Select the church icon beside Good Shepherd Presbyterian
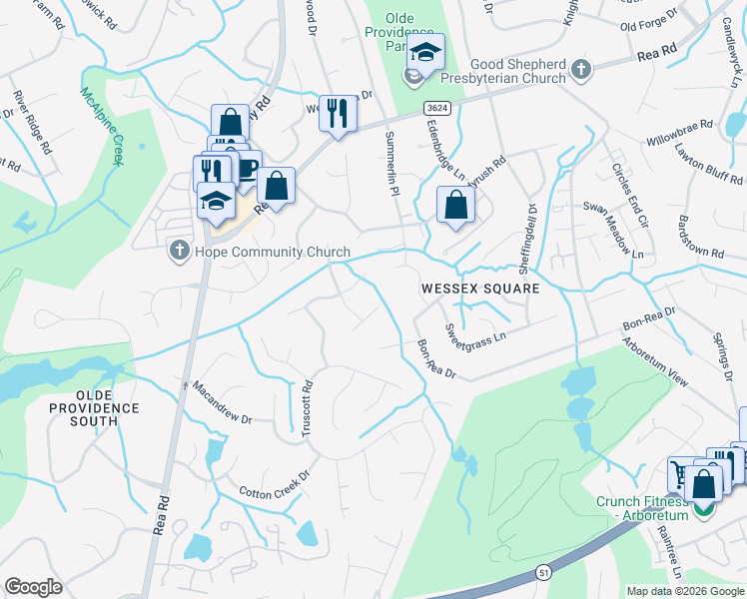coord(581,70)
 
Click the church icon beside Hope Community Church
coord(180,251)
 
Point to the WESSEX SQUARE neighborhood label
coord(479,289)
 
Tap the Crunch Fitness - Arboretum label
coord(643,508)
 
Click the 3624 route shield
coord(434,107)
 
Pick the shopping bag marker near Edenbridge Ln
coord(455,205)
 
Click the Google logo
coord(33,587)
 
